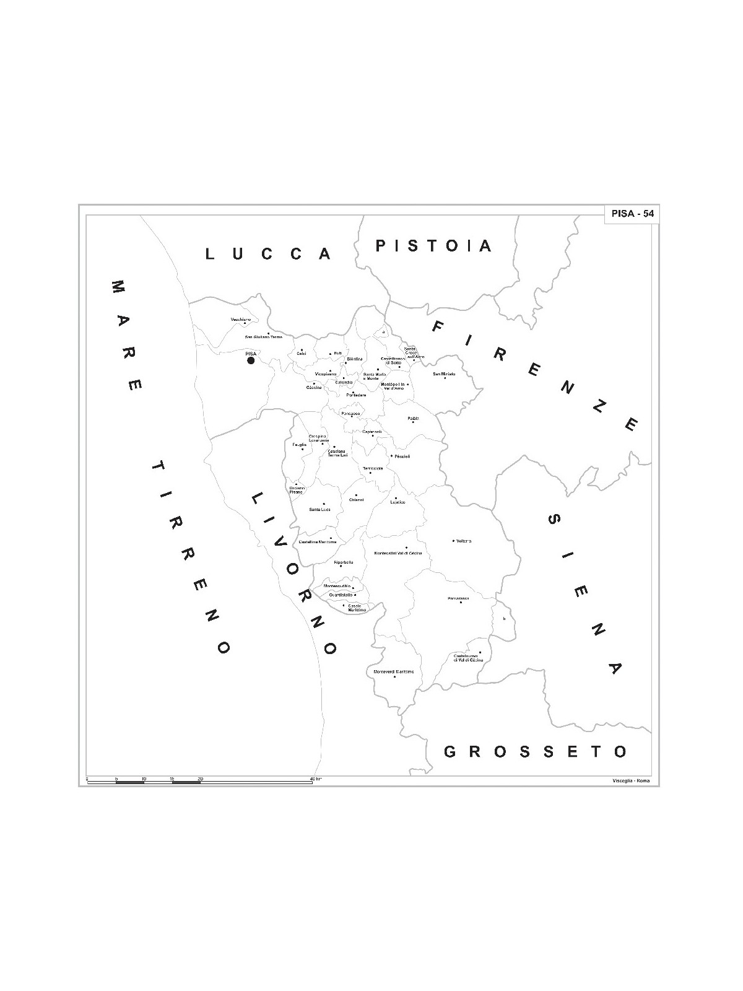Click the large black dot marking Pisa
251,360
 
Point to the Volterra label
464,541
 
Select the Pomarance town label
458,598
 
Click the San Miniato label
444,374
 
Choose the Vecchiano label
240,320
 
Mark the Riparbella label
343,562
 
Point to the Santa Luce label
319,509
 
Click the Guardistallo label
341,595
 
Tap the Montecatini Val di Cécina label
398,552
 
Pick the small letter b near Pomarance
504,618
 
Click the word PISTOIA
433,246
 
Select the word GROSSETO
536,752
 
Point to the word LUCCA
268,254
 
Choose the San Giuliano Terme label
264,337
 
